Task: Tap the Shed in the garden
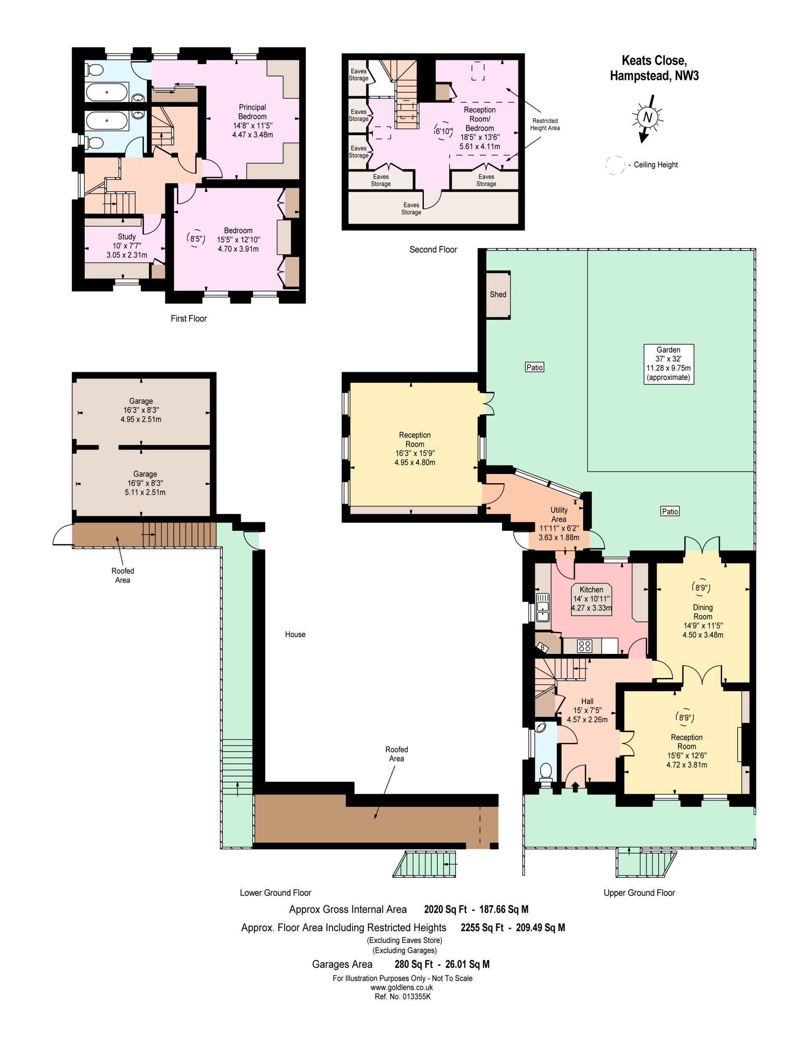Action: [x=498, y=295]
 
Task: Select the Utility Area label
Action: [x=559, y=514]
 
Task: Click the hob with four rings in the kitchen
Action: [x=584, y=646]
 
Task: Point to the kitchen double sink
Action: [x=542, y=607]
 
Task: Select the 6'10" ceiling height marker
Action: [x=444, y=131]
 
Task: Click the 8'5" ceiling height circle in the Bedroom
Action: [x=195, y=238]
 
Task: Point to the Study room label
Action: [x=126, y=237]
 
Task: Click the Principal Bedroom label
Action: [x=252, y=112]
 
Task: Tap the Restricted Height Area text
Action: [x=545, y=125]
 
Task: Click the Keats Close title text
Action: [x=654, y=60]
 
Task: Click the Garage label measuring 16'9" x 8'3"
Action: [x=145, y=483]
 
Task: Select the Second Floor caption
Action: [x=433, y=249]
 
